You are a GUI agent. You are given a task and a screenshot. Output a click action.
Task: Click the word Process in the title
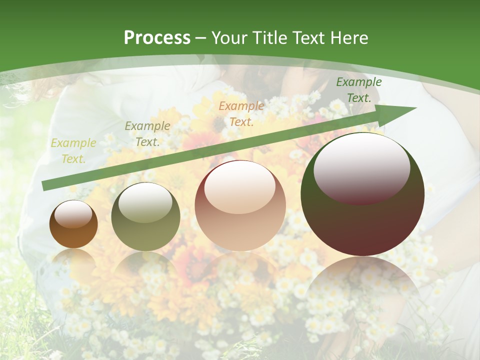[x=157, y=38]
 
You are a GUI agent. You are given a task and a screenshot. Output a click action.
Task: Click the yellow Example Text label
[x=73, y=151]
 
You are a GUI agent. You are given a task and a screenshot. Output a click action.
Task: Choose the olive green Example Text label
[x=147, y=133]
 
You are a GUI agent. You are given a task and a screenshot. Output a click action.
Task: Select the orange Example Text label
[x=241, y=113]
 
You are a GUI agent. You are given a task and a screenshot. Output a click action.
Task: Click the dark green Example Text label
[x=359, y=90]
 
